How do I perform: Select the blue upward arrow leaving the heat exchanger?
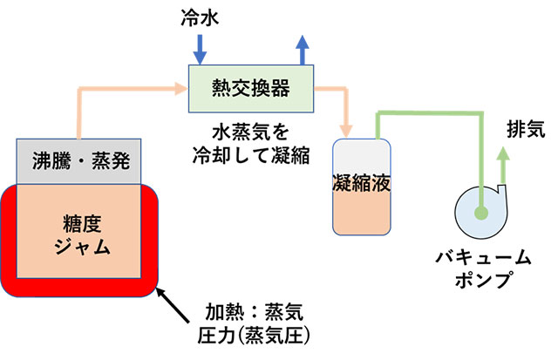coord(303,49)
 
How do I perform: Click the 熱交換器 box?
coord(251,87)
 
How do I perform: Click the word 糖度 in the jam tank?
coord(78,221)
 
